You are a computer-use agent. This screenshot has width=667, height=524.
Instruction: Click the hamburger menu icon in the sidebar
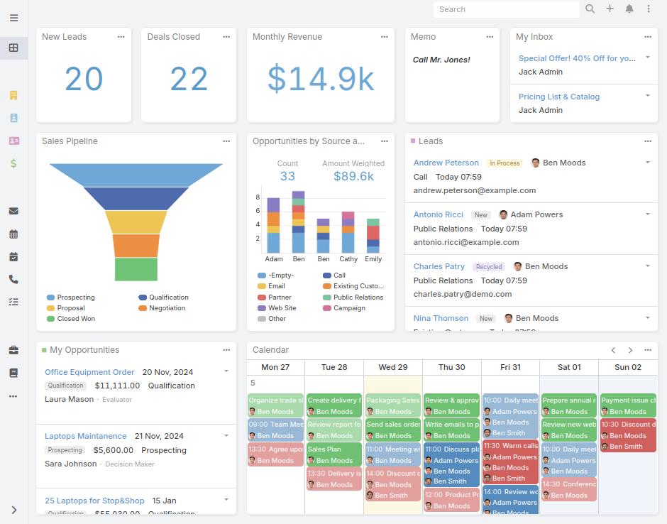(x=14, y=18)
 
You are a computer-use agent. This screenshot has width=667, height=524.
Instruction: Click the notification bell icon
(x=629, y=9)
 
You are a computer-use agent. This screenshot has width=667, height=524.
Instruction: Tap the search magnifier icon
(x=590, y=9)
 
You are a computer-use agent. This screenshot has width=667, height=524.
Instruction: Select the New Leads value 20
(x=84, y=79)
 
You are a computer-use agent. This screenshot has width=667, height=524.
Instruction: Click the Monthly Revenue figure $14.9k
(x=321, y=79)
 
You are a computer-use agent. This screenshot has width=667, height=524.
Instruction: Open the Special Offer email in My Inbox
(x=577, y=58)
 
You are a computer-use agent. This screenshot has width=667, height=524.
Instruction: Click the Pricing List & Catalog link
(x=558, y=97)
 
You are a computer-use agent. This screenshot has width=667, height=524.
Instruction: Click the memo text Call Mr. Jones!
(x=441, y=60)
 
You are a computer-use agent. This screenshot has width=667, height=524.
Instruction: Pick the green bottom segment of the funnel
(x=136, y=269)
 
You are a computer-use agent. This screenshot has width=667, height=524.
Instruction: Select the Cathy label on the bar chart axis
(x=348, y=259)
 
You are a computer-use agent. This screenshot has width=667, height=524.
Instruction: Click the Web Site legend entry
(x=282, y=308)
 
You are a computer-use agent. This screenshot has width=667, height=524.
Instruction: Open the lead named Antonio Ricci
(x=438, y=214)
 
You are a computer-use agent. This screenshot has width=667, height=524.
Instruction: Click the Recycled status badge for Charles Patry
(x=489, y=267)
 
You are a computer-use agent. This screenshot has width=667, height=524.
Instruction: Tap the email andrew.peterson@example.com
(x=475, y=190)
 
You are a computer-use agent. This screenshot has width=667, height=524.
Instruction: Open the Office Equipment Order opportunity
(x=89, y=372)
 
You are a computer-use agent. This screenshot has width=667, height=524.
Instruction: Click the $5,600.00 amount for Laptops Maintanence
(x=114, y=450)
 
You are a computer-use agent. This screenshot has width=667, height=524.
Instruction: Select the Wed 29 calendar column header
(x=392, y=367)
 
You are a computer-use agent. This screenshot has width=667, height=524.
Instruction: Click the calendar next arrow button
(x=630, y=350)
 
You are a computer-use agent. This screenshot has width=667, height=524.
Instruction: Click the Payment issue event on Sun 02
(x=628, y=400)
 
